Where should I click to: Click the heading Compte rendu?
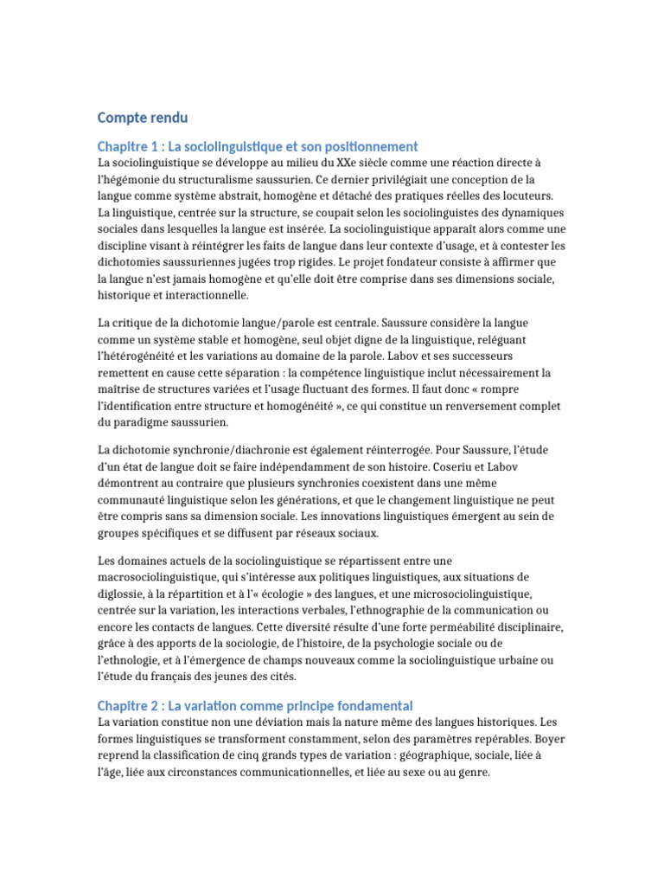142,118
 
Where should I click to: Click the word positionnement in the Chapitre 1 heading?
373,147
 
